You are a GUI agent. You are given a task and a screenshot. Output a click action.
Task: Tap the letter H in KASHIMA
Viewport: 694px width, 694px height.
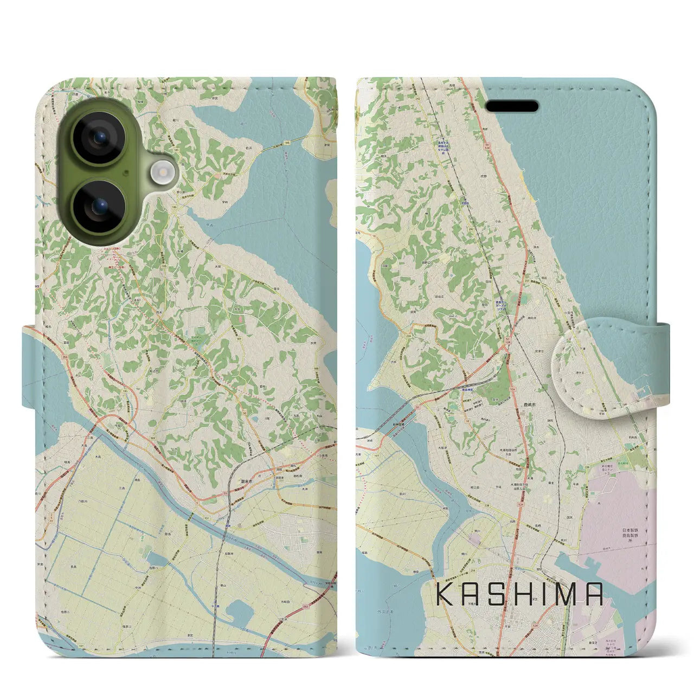[521, 594]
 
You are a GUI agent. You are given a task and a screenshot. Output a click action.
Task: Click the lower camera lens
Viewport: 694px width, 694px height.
[99, 206]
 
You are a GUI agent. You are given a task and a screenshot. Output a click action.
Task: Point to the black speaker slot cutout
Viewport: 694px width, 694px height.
[512, 106]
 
